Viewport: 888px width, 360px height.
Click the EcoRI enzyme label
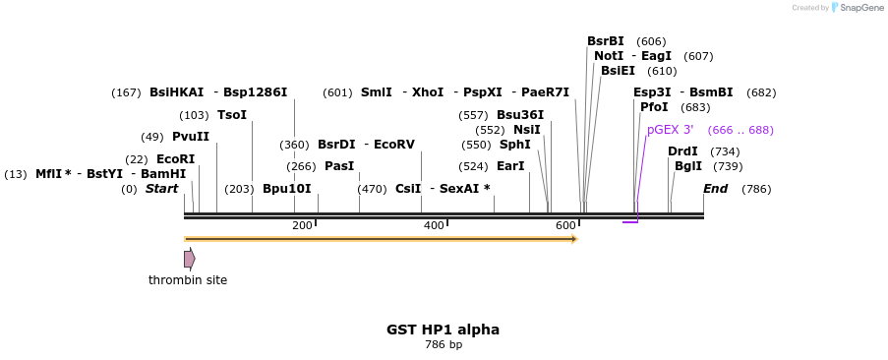(x=175, y=159)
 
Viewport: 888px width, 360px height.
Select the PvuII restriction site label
(x=190, y=137)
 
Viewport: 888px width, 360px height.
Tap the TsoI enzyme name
(x=231, y=115)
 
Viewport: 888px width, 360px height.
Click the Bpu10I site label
(x=286, y=189)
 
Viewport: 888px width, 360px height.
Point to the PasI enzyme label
(x=338, y=166)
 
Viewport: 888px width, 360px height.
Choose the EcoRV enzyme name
(x=393, y=145)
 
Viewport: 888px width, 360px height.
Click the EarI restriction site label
(x=510, y=166)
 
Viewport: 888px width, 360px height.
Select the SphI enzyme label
(x=514, y=145)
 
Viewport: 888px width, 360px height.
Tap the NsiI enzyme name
(x=526, y=130)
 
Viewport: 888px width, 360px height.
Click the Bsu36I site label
(x=519, y=115)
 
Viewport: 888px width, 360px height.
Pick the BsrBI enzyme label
(x=605, y=41)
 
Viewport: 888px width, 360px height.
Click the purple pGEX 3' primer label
(x=670, y=130)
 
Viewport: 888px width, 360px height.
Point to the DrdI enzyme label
(x=682, y=151)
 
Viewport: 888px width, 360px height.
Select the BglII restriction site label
(x=688, y=166)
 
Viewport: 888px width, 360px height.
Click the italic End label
(x=715, y=189)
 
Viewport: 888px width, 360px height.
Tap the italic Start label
(x=161, y=189)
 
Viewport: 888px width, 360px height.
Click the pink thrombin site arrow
(x=189, y=259)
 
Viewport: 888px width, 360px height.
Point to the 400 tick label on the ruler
(x=434, y=225)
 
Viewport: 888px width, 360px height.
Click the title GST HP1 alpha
(x=443, y=330)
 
